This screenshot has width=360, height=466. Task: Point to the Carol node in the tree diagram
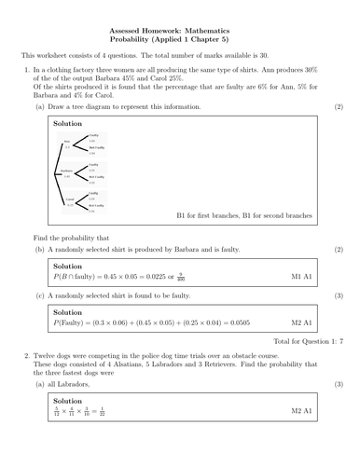[x=68, y=200]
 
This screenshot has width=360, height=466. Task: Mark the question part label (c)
[x=39, y=295]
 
